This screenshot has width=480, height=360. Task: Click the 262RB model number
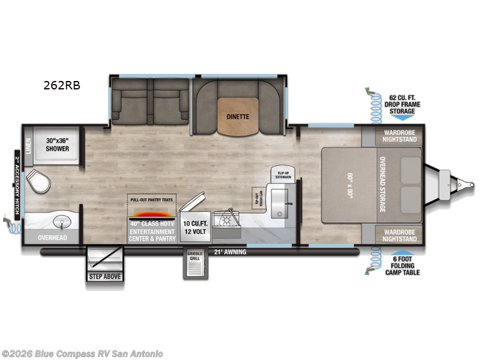click(61, 85)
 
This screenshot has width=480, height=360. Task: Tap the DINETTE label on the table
click(238, 116)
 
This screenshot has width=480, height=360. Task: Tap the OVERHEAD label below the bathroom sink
click(53, 238)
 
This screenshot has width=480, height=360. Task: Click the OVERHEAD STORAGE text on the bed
click(382, 184)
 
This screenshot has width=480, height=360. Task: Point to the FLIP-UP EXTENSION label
click(283, 175)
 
